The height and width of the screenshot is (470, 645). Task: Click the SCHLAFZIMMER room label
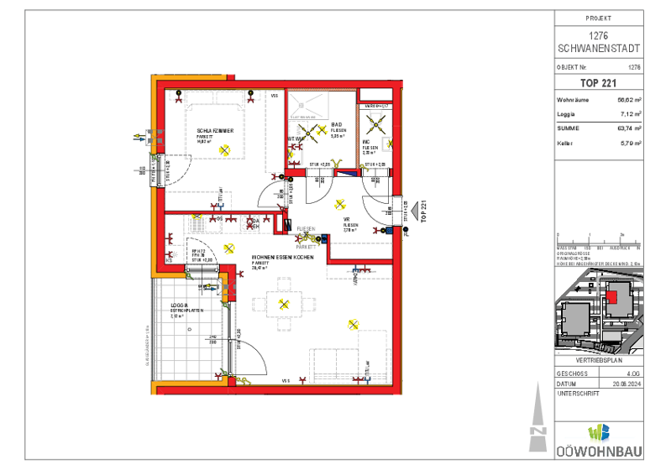click(x=221, y=132)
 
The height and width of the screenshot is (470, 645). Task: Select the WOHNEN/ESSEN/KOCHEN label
click(x=283, y=256)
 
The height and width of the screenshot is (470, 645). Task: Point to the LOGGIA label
click(x=178, y=305)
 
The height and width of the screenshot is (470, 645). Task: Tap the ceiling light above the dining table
click(x=284, y=304)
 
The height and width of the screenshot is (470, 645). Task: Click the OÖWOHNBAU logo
click(x=598, y=439)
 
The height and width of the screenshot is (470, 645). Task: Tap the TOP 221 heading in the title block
click(x=599, y=83)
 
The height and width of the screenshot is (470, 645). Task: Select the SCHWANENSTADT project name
click(x=599, y=47)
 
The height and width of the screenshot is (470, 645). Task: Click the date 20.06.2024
click(x=627, y=382)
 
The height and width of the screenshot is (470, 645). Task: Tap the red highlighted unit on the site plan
click(x=611, y=295)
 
